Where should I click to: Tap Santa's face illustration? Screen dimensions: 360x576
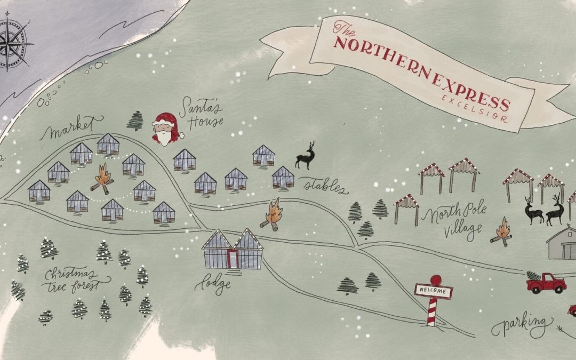[x=166, y=130]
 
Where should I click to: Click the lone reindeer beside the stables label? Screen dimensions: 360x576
[x=306, y=156]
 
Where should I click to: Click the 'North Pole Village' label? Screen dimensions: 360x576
[x=453, y=222]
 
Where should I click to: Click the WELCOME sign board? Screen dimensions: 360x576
[x=434, y=291]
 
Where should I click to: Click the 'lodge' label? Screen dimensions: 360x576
[x=216, y=283]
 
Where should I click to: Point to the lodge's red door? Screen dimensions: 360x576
[x=233, y=259]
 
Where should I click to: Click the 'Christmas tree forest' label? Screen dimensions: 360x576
[x=77, y=280]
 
